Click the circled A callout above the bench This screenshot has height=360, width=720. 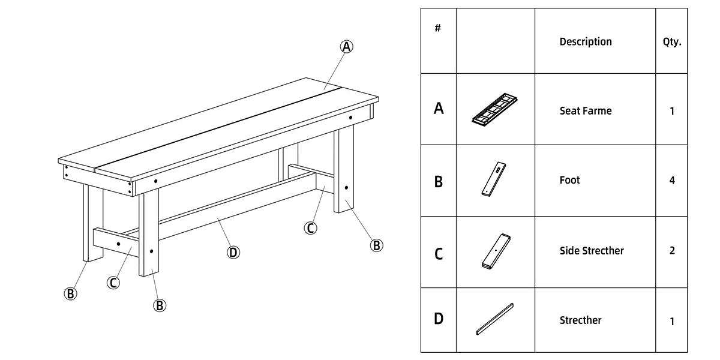347,47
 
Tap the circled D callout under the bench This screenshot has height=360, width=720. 233,253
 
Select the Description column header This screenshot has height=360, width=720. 585,41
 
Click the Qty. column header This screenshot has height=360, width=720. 671,42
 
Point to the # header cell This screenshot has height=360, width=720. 438,28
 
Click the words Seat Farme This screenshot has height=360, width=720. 585,111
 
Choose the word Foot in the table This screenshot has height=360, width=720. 569,180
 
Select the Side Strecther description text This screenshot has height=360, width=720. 591,251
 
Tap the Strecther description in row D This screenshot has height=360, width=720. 580,320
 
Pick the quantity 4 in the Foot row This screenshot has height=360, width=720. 671,181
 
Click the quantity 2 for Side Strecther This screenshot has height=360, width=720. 671,251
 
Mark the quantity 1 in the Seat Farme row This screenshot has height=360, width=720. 671,111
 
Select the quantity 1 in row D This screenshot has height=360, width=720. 671,321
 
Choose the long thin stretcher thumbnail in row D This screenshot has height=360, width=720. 495,319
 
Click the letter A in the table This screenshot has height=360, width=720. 439,109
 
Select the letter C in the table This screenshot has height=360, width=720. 439,254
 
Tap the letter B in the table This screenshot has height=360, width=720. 439,181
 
